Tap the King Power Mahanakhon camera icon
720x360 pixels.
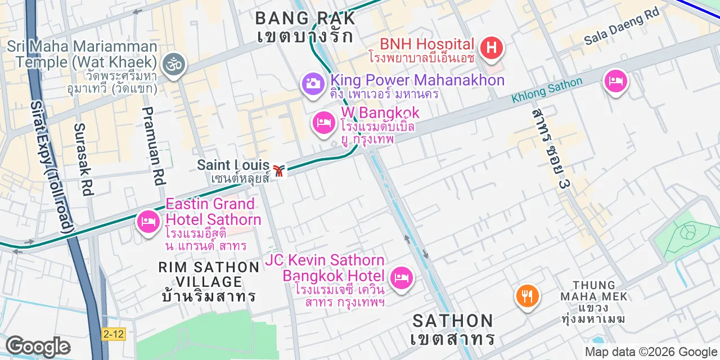point(313,84)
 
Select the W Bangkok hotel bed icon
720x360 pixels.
point(323,123)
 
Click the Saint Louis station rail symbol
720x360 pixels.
point(278,169)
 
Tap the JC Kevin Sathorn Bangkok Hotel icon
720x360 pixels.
point(402,277)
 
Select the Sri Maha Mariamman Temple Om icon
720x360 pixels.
point(173,65)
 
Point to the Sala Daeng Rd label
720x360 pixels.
point(621,27)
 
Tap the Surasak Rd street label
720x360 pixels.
point(83,159)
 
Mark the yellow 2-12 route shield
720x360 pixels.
point(114,334)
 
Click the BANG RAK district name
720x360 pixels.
point(305,18)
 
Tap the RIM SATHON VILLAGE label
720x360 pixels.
point(209,274)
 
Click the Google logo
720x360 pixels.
point(38,346)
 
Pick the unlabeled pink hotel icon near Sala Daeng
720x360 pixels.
point(615,82)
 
